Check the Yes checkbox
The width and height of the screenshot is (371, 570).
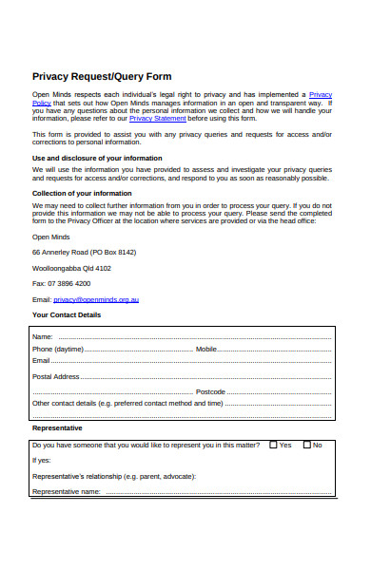[x=273, y=444]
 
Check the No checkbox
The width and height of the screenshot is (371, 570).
[x=306, y=444]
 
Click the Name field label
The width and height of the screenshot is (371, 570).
[x=42, y=336]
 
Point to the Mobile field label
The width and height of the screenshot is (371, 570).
[x=206, y=349]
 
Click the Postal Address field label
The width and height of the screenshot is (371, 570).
[x=55, y=376]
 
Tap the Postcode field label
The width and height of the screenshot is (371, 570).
[x=210, y=390]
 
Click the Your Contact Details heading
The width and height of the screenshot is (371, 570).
[x=67, y=314]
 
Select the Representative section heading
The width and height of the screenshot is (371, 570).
[x=57, y=427]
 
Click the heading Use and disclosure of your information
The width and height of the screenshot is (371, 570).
[x=97, y=158]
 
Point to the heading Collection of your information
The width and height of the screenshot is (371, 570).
[x=82, y=193]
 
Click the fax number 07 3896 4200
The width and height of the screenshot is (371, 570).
[x=62, y=283]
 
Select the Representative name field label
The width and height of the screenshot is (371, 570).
[x=67, y=491]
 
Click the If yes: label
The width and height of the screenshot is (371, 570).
[x=42, y=460]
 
